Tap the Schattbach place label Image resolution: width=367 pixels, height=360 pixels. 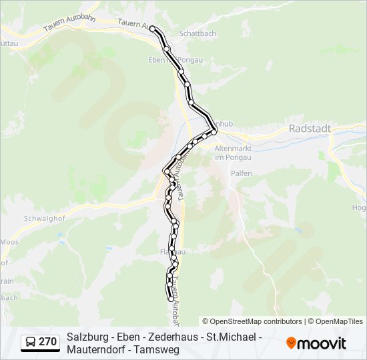pyautogui.click(x=198, y=33)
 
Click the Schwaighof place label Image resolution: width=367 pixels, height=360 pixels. pyautogui.click(x=24, y=218)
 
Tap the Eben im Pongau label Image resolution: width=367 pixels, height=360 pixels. pyautogui.click(x=165, y=59)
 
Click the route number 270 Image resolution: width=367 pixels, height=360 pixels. pyautogui.click(x=47, y=342)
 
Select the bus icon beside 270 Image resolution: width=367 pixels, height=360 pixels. pyautogui.click(x=30, y=343)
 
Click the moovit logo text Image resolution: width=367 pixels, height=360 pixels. pyautogui.click(x=322, y=343)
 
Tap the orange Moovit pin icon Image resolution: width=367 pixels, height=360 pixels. pyautogui.click(x=291, y=343)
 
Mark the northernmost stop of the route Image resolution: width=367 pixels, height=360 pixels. pyautogui.click(x=153, y=28)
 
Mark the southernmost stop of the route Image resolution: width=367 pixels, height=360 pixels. pyautogui.click(x=169, y=299)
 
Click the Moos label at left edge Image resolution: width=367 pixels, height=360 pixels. pyautogui.click(x=9, y=241)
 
